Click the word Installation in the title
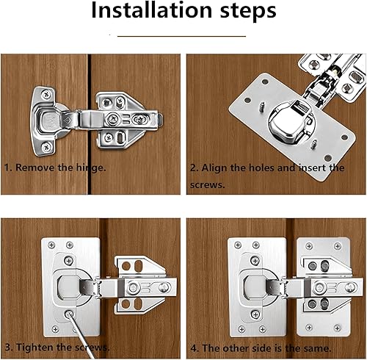tap(151, 10)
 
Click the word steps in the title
tap(248, 12)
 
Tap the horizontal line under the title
tap(181, 36)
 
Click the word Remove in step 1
tap(35, 168)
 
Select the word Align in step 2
tap(214, 168)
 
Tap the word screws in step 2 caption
tap(207, 184)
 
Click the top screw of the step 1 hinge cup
tap(46, 94)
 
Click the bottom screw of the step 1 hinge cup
tap(46, 147)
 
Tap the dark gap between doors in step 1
tap(90, 124)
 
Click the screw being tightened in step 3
tap(68, 314)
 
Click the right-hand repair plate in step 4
tap(324, 287)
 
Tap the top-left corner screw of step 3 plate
tap(51, 245)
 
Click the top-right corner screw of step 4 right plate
tap(338, 246)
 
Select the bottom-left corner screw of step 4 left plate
tap(241, 329)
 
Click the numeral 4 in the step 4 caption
tap(194, 348)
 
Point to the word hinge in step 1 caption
tap(90, 168)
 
